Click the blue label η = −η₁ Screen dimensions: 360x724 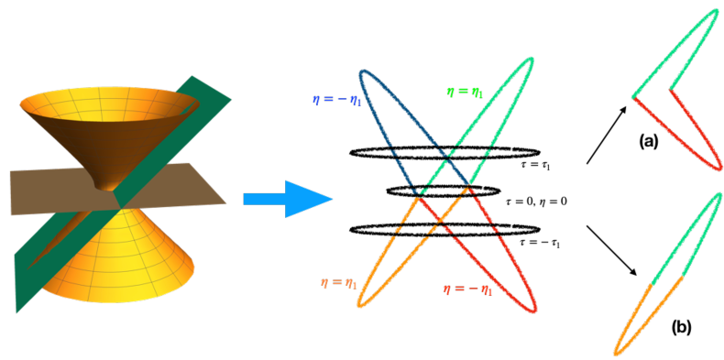336,100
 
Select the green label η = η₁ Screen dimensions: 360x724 465,92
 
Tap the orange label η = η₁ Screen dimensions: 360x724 339,283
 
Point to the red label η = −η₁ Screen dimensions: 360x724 467,289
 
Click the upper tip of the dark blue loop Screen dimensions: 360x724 365,72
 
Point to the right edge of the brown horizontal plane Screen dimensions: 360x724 226,202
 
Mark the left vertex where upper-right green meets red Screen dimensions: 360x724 632,94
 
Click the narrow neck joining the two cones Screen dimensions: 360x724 117,188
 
